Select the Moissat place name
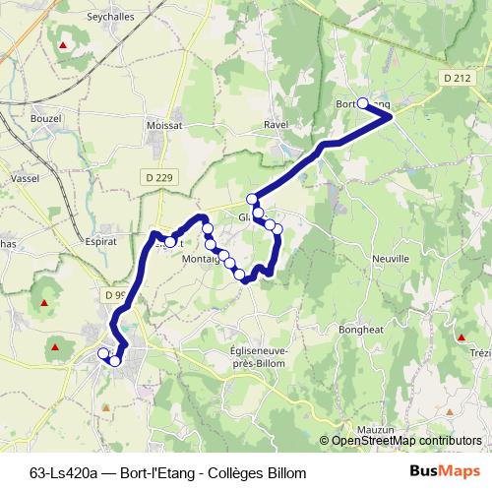pyautogui.click(x=164, y=126)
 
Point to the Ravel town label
pyautogui.click(x=276, y=125)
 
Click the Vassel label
pyautogui.click(x=23, y=178)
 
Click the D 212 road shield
pyautogui.click(x=457, y=78)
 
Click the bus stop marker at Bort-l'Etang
pyautogui.click(x=363, y=103)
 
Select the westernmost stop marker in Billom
pyautogui.click(x=103, y=352)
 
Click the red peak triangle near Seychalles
pyautogui.click(x=64, y=44)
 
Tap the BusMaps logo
pyautogui.click(x=444, y=472)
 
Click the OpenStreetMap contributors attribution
pyautogui.click(x=405, y=442)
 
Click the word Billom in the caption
pyautogui.click(x=286, y=473)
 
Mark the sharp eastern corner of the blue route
pyautogui.click(x=392, y=116)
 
